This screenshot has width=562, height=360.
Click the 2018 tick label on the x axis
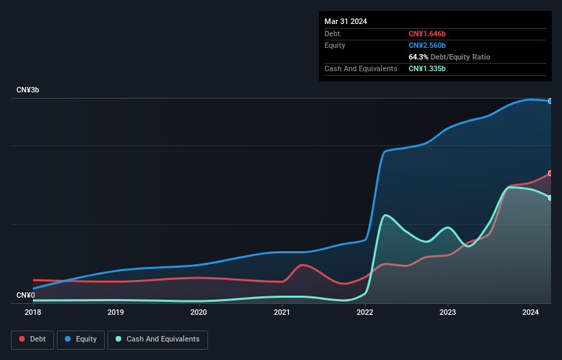pos(33,312)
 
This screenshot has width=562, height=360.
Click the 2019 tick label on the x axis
pos(116,312)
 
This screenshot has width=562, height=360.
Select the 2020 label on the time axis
pos(199,312)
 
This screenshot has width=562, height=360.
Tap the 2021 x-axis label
pos(281,312)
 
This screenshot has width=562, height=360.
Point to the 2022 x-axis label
pos(365,312)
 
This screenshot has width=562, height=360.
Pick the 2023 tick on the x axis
pos(448,312)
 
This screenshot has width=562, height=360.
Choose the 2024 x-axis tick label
pos(531,312)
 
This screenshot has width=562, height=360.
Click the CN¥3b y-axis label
pos(28,90)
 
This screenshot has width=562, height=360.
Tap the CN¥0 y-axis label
pos(25,295)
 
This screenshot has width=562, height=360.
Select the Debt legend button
pos(32,339)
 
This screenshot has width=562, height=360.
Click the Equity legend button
pos(81,339)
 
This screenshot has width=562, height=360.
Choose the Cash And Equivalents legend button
pos(157,339)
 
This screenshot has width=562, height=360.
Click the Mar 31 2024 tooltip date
pos(346,21)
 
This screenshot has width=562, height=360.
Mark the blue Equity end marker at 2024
pos(550,101)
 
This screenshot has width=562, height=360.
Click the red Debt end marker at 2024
pos(550,173)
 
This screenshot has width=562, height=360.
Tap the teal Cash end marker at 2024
pos(550,198)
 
